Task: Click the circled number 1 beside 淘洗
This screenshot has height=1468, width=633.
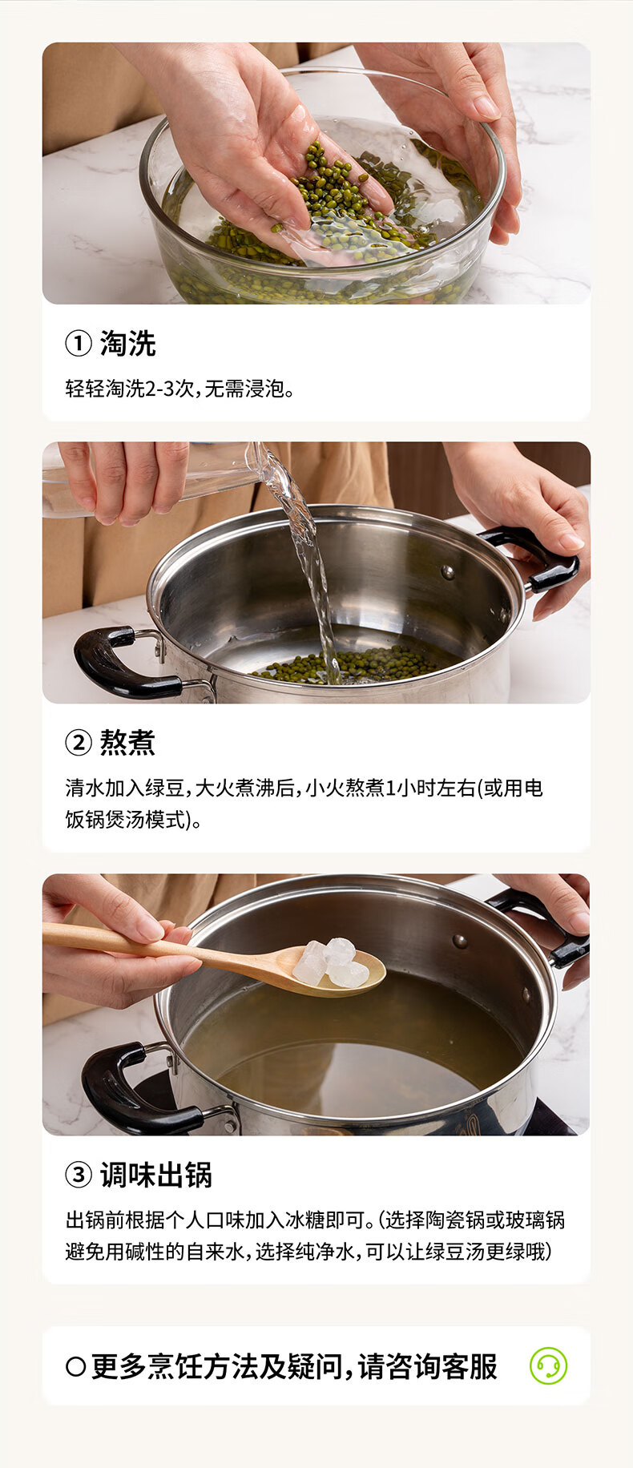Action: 78,344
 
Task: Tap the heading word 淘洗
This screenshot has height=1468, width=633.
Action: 127,344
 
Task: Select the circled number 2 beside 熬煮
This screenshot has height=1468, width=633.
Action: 78,743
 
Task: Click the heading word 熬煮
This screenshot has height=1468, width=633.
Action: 127,743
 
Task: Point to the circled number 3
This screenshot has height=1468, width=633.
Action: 78,1176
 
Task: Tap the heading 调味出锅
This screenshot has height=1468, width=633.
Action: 156,1176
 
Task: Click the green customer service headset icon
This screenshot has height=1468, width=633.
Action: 548,1366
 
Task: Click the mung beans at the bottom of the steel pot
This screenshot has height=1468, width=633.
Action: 353,664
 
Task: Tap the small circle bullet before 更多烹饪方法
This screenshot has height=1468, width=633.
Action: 75,1366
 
